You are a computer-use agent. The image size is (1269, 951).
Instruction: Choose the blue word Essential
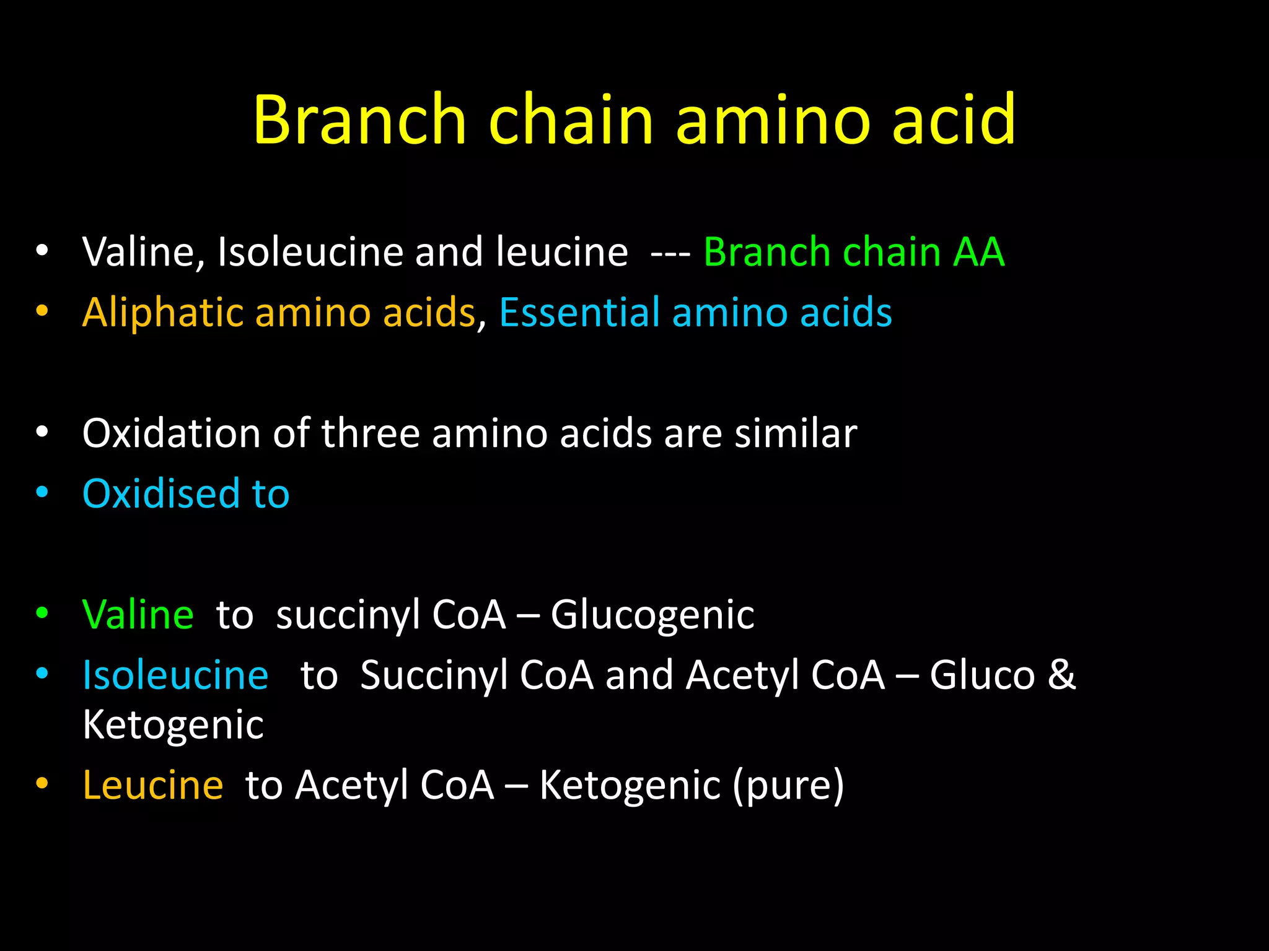click(x=579, y=312)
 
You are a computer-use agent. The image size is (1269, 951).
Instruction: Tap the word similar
click(x=796, y=433)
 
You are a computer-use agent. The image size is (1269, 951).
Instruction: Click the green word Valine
click(x=138, y=614)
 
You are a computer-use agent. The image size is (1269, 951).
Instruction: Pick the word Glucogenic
click(x=652, y=615)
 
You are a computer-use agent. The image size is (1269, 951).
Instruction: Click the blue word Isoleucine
click(x=175, y=675)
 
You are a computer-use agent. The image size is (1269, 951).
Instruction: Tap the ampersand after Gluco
click(x=1061, y=674)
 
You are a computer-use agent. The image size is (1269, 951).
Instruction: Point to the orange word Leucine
click(x=153, y=785)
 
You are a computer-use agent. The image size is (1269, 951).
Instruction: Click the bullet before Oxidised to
click(x=42, y=493)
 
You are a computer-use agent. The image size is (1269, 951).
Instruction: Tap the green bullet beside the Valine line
click(x=42, y=614)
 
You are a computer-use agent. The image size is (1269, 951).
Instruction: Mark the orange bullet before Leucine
click(x=42, y=784)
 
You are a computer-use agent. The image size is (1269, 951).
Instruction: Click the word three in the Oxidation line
click(x=371, y=433)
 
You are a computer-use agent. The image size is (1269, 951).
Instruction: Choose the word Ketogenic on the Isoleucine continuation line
click(x=173, y=724)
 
